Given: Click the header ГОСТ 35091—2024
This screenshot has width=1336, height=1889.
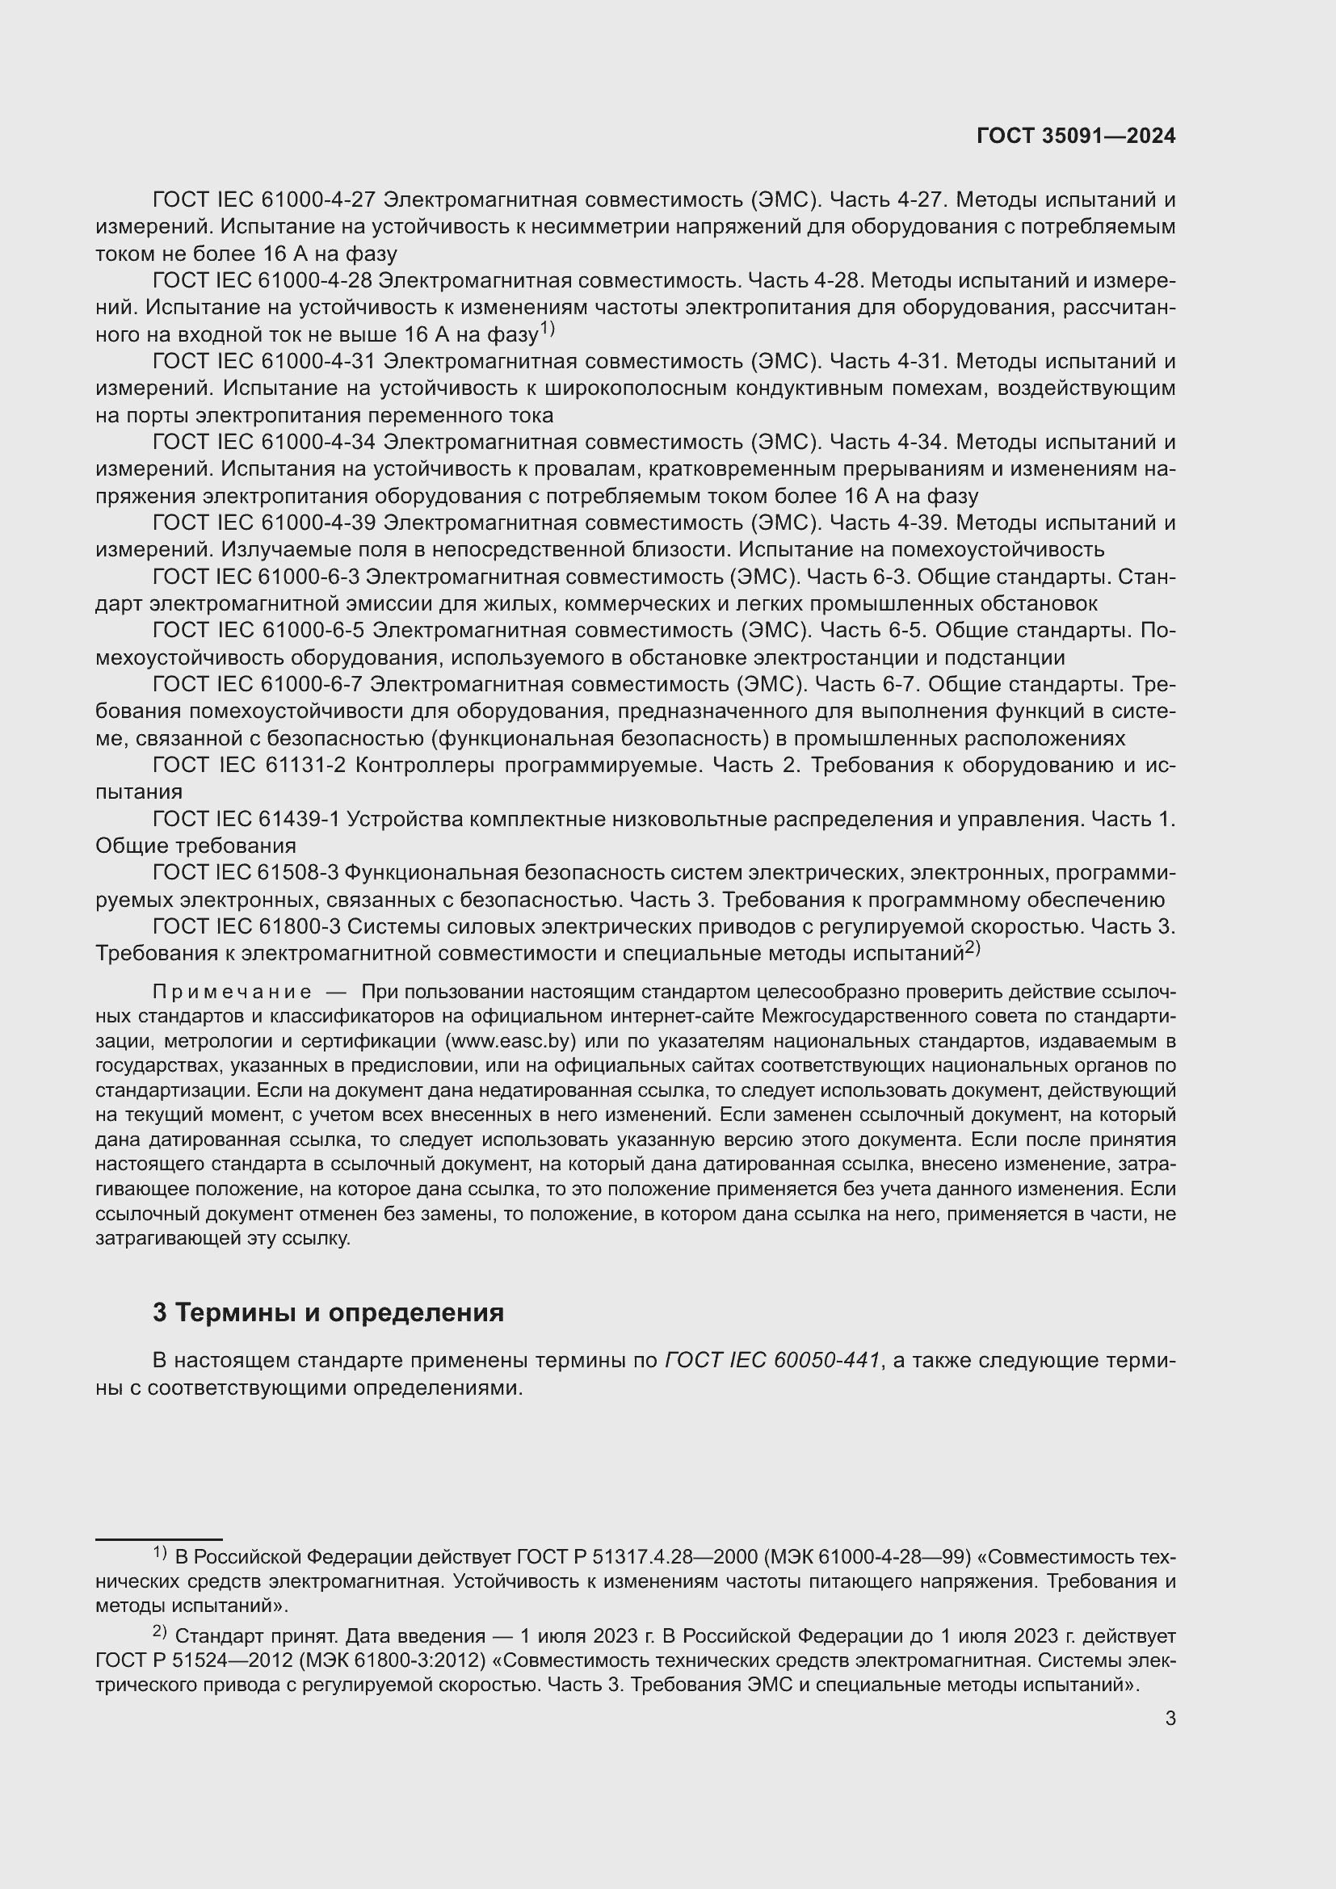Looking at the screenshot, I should pyautogui.click(x=1075, y=136).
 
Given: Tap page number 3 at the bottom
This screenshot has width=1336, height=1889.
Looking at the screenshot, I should pyautogui.click(x=1170, y=1718).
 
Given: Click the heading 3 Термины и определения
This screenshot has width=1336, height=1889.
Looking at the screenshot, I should pyautogui.click(x=328, y=1312).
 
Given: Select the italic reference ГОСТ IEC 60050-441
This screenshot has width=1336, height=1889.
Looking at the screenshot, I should pyautogui.click(x=772, y=1361).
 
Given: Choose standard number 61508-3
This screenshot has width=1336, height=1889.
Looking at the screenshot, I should pyautogui.click(x=299, y=872).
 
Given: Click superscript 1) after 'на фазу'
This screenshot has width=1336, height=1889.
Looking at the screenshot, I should pyautogui.click(x=548, y=329).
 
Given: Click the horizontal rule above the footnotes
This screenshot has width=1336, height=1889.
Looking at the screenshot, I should pyautogui.click(x=159, y=1538).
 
